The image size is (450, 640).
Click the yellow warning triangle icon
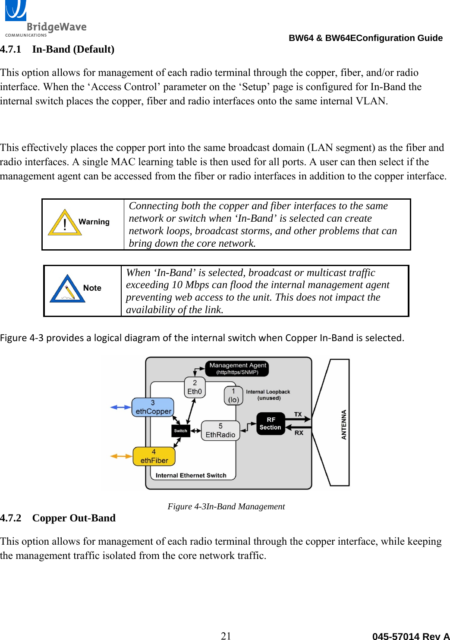tap(65, 223)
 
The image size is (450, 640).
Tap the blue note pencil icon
tap(67, 289)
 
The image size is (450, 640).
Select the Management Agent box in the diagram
tap(237, 368)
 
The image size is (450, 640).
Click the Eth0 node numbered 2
tap(195, 387)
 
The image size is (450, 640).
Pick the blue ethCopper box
tap(153, 408)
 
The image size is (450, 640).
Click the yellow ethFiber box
tap(154, 457)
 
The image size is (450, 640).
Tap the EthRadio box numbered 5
tap(220, 431)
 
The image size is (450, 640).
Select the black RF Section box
tap(271, 424)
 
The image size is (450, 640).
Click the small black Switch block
tap(181, 431)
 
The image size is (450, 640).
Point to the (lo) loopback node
tap(233, 395)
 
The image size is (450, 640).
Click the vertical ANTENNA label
tap(344, 424)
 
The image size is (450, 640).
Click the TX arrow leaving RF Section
tap(302, 419)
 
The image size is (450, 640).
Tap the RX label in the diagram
tap(299, 433)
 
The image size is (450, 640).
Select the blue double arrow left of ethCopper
tap(121, 407)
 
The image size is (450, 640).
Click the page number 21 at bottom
tap(226, 635)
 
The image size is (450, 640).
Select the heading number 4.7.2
tap(11, 518)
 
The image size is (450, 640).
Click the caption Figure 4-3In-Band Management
tap(226, 506)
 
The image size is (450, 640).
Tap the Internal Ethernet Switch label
tap(191, 475)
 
